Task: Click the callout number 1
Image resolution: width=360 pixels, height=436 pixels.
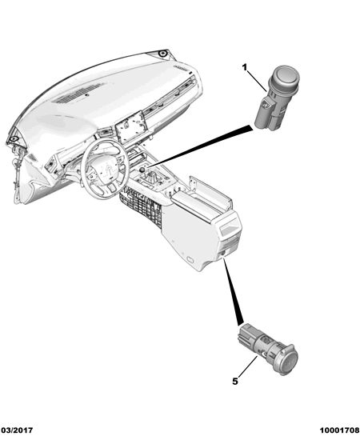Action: coord(245,67)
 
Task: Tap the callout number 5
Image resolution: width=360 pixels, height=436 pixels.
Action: coord(235,382)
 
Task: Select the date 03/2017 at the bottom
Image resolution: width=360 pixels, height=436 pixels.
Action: coord(17,430)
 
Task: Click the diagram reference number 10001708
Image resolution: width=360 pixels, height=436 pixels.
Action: coord(339,430)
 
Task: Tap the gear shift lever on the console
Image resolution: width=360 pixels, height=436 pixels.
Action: coord(152,178)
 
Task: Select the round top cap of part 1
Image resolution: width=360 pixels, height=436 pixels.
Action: coord(286,74)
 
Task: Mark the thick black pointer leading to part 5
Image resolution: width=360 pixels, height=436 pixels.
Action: coord(233,291)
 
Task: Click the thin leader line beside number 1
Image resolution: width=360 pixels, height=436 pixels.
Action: coord(257,81)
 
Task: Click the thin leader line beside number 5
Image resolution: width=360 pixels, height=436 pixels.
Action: coord(247,366)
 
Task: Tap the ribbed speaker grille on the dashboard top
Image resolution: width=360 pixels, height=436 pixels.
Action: coord(78,94)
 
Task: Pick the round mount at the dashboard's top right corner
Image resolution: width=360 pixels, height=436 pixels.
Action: coord(162,54)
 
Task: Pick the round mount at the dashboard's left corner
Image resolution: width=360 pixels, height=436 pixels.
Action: coord(12,138)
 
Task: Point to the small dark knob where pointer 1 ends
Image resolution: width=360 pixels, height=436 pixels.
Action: coord(142,170)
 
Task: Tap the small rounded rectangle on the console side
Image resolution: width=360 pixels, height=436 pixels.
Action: coord(190,260)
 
